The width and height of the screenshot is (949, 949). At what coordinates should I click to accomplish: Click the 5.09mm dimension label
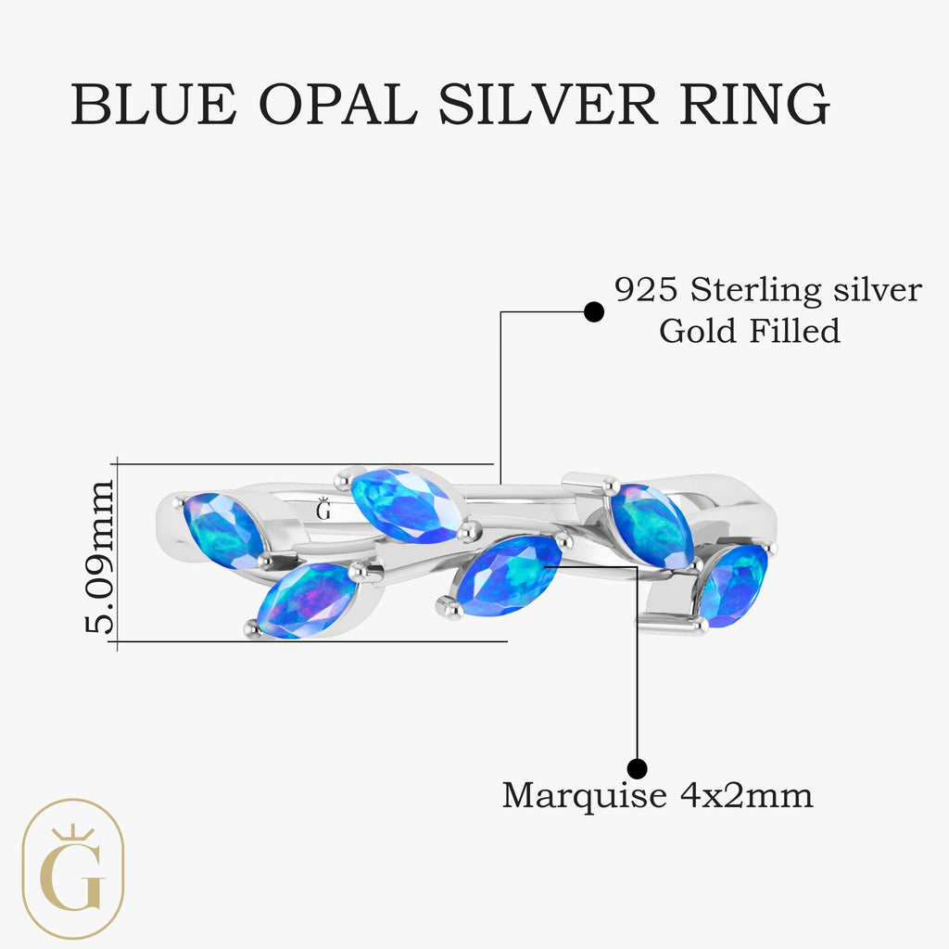(99, 555)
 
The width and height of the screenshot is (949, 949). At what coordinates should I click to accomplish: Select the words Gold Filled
(749, 331)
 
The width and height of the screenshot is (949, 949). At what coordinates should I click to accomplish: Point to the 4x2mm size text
(743, 794)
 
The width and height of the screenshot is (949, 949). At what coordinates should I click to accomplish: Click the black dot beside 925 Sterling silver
(594, 312)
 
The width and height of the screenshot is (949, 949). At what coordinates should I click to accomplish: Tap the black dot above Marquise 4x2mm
(637, 767)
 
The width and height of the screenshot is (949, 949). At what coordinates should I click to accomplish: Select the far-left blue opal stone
(223, 530)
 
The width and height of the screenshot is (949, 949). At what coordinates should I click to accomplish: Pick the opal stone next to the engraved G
(405, 504)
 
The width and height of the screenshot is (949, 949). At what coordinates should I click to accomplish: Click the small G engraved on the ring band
(323, 509)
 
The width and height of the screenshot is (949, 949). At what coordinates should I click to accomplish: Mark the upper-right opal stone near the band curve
(651, 525)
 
